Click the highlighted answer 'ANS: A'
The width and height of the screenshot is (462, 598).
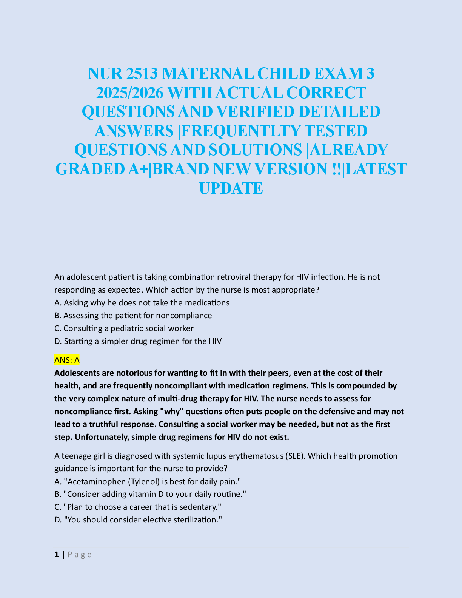pos(67,360)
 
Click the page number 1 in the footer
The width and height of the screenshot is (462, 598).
pos(57,555)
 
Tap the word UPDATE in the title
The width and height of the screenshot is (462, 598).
pos(231,188)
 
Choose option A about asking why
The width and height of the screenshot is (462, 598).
pos(142,303)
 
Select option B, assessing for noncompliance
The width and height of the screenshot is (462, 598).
pos(133,316)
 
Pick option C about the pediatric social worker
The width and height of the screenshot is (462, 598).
pos(124,328)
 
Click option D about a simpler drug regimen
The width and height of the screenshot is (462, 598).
pos(138,341)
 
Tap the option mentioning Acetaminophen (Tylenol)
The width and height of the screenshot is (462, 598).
pos(148,482)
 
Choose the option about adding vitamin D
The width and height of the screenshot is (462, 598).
pos(150,495)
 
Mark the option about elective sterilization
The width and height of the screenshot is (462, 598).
pos(138,520)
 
